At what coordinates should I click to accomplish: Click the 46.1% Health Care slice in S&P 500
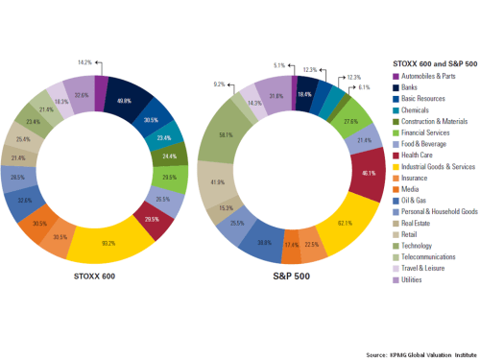pyautogui.click(x=367, y=174)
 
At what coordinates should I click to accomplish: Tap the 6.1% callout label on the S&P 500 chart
pyautogui.click(x=364, y=86)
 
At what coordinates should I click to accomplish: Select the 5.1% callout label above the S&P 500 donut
pyautogui.click(x=279, y=66)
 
